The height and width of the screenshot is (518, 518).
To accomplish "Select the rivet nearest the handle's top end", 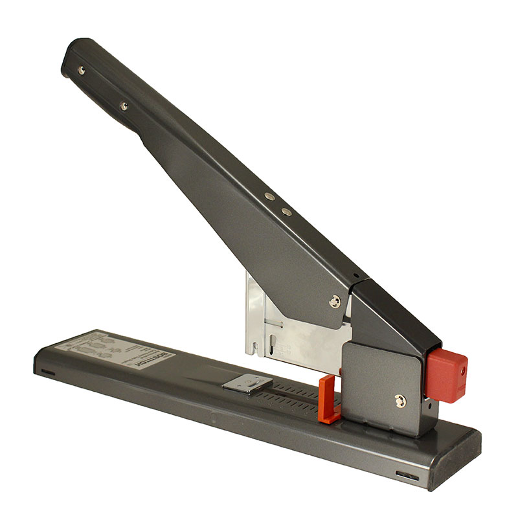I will (x=80, y=70).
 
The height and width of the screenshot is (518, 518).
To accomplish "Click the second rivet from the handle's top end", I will (x=123, y=105).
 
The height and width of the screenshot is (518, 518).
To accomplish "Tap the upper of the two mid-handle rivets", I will (x=270, y=196).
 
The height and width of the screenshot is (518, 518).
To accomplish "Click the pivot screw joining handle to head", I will (x=334, y=300).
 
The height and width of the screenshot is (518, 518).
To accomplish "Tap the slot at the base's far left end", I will (x=47, y=372).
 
